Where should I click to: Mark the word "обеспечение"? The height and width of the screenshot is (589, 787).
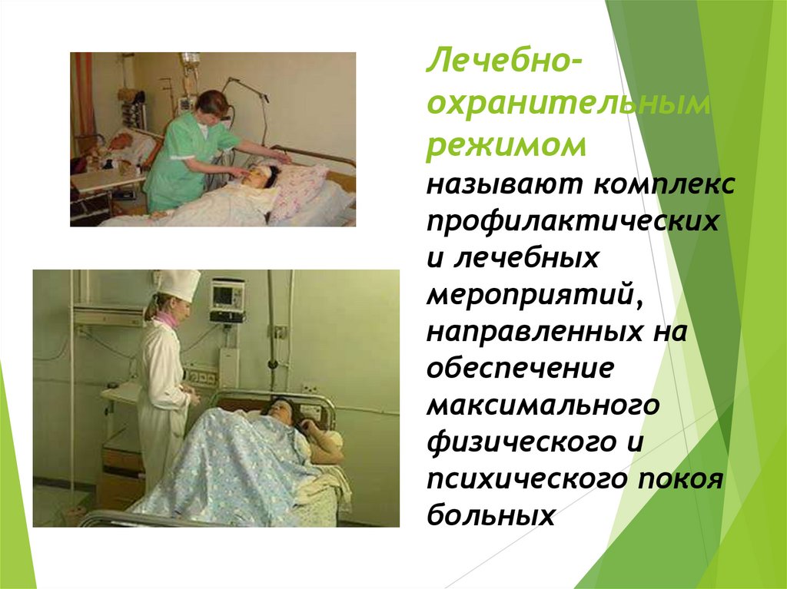pyautogui.click(x=523, y=368)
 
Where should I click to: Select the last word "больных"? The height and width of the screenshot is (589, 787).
pyautogui.click(x=491, y=515)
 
